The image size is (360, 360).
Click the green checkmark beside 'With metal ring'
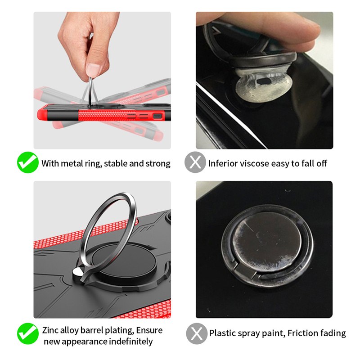(28, 162)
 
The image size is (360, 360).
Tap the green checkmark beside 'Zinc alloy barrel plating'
(28, 333)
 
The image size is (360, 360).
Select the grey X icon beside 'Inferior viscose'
(195, 162)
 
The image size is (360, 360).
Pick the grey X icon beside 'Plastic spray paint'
(197, 333)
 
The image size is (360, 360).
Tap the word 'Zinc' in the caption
(50, 330)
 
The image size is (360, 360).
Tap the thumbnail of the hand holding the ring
(102, 81)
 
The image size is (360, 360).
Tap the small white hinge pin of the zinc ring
(78, 272)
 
